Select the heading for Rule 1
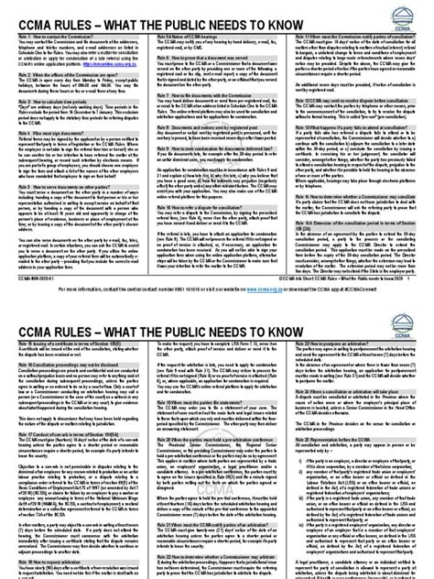[x=46, y=38]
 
